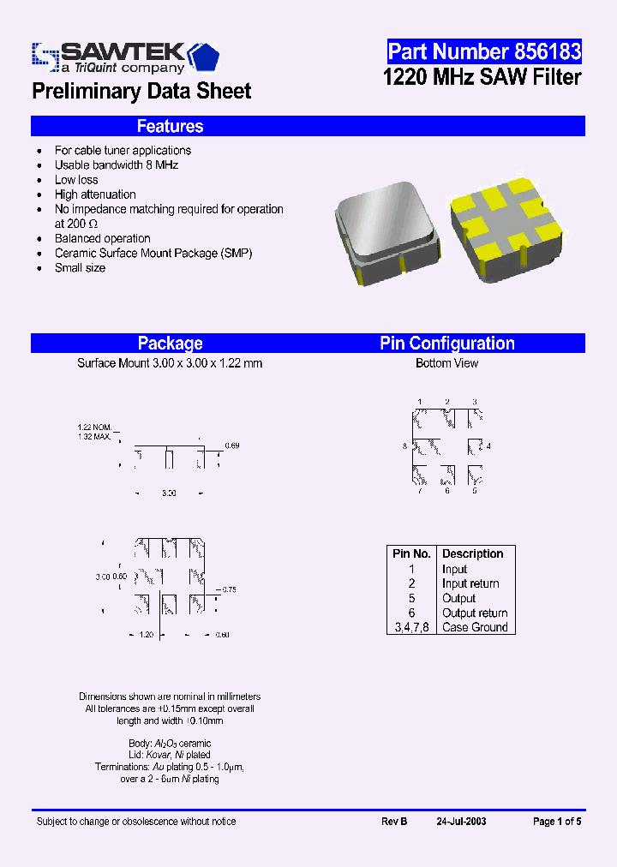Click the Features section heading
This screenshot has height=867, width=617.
(170, 127)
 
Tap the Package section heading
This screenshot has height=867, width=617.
(170, 344)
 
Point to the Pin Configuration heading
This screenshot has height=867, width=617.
(447, 344)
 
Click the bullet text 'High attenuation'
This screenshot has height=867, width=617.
(95, 194)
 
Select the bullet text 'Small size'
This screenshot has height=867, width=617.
(80, 268)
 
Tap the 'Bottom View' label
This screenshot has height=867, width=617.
(447, 363)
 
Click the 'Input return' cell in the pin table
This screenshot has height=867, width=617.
(470, 584)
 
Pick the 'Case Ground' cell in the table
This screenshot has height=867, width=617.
(475, 627)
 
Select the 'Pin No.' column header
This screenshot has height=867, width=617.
(411, 554)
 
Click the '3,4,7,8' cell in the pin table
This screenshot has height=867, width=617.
(411, 627)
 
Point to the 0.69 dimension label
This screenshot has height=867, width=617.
(232, 446)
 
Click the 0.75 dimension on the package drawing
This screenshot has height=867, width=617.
(228, 589)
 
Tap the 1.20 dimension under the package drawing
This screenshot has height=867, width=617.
(147, 635)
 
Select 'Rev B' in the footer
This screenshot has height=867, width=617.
(394, 822)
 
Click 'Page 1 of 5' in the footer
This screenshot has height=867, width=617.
(557, 822)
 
